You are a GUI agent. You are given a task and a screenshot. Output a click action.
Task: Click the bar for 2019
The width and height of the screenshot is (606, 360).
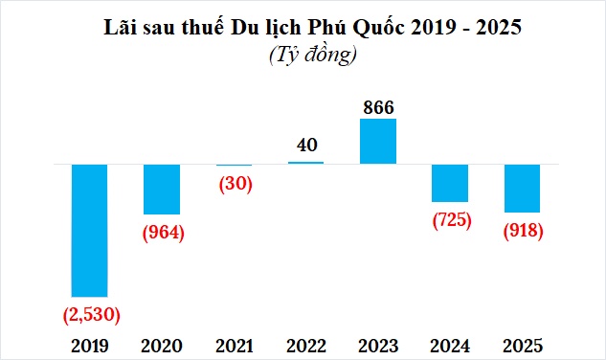tap(90, 230)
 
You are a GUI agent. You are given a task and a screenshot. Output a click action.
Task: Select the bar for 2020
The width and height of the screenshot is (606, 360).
tap(162, 189)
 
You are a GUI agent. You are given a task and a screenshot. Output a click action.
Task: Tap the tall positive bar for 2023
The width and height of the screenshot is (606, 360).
tap(378, 141)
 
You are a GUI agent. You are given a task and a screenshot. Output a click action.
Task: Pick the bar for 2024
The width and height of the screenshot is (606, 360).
tap(450, 182)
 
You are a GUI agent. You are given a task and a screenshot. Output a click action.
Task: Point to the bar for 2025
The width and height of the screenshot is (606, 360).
tap(522, 188)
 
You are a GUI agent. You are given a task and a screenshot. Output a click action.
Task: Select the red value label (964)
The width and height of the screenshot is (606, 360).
tap(162, 232)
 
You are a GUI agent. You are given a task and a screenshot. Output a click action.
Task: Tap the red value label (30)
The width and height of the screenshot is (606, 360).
tap(234, 184)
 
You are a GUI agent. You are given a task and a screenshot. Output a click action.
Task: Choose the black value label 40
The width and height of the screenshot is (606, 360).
tap(306, 146)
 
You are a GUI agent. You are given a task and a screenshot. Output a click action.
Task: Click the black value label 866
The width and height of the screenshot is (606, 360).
tap(378, 106)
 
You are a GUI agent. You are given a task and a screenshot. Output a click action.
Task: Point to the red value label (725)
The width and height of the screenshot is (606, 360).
tap(451, 219)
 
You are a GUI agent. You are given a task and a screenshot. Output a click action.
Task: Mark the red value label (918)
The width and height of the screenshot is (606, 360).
tap(523, 231)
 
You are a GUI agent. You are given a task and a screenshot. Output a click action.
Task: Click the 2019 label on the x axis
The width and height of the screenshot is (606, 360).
tap(90, 345)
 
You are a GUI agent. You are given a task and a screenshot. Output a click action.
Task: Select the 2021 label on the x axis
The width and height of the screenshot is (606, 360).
tap(234, 345)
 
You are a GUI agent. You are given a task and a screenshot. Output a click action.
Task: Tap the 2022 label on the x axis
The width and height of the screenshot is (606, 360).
tap(306, 345)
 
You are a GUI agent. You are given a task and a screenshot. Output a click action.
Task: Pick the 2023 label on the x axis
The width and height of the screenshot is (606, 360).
tap(378, 345)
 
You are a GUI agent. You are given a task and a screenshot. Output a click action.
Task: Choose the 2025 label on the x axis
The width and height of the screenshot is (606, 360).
tap(523, 345)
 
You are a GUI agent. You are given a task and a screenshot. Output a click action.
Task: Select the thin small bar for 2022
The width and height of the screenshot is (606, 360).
tap(306, 163)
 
